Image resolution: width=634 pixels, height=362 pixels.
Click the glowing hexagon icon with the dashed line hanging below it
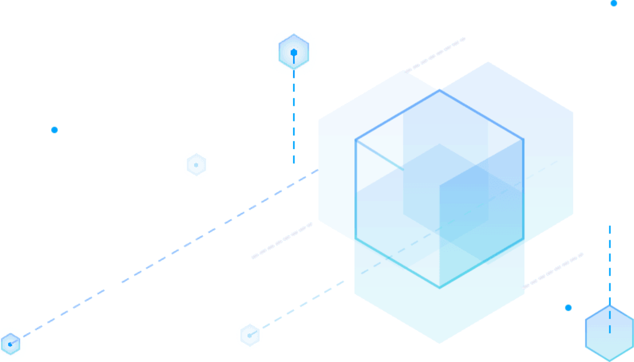[294, 53]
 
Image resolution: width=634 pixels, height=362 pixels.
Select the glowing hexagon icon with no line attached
[196, 165]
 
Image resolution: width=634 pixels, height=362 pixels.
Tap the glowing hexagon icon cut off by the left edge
[10, 344]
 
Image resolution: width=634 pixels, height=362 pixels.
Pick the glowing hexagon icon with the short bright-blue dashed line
[249, 336]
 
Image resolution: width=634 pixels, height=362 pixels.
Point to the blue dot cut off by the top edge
[614, 3]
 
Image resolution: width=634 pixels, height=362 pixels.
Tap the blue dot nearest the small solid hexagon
[568, 308]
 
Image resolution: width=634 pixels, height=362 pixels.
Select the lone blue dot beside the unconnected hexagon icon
[55, 130]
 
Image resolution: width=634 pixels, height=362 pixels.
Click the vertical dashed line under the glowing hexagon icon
[294, 121]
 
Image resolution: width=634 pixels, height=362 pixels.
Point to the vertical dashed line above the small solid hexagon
[609, 264]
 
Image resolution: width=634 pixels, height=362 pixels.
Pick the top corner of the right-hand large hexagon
[488, 62]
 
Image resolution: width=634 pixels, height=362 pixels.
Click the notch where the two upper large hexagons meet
[440, 89]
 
